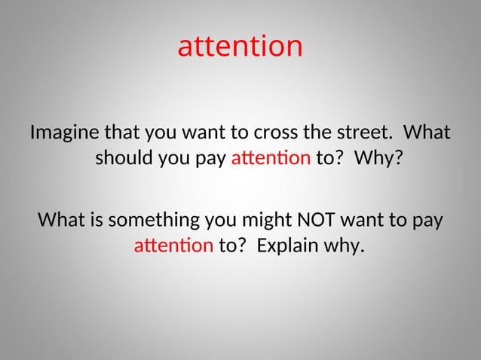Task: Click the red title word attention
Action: [x=240, y=47]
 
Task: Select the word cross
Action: [x=272, y=134]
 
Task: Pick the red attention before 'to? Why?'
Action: [x=271, y=159]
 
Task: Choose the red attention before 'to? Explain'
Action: [x=173, y=246]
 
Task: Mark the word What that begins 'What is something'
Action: [x=60, y=221]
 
